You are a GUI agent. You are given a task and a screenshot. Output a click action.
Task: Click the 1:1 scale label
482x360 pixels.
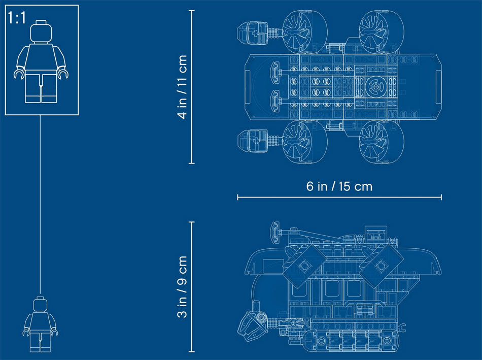(x=17, y=18)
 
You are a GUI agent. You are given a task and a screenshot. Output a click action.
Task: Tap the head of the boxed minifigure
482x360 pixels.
(x=41, y=31)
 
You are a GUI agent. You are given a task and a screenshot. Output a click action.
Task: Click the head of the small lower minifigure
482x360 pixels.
(x=40, y=304)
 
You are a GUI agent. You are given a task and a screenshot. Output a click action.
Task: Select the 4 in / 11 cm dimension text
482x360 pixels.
(x=182, y=87)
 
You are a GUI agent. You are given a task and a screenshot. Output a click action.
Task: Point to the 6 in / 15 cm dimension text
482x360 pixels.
(x=339, y=186)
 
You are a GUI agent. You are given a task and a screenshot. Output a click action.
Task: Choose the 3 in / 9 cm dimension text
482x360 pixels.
(x=182, y=287)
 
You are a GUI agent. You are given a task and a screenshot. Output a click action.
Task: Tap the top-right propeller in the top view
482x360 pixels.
(x=381, y=31)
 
